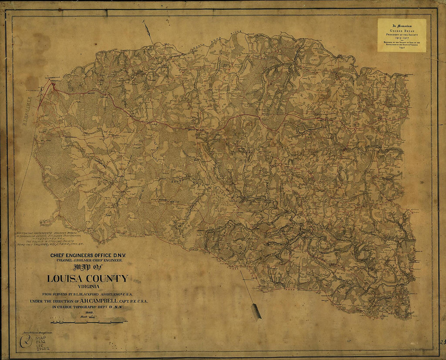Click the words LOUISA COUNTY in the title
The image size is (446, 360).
point(87,279)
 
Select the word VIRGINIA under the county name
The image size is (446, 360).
point(87,287)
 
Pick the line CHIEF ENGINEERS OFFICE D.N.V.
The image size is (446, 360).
point(88,255)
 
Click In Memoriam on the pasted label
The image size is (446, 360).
point(401,25)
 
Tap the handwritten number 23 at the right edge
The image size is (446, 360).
point(442,342)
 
